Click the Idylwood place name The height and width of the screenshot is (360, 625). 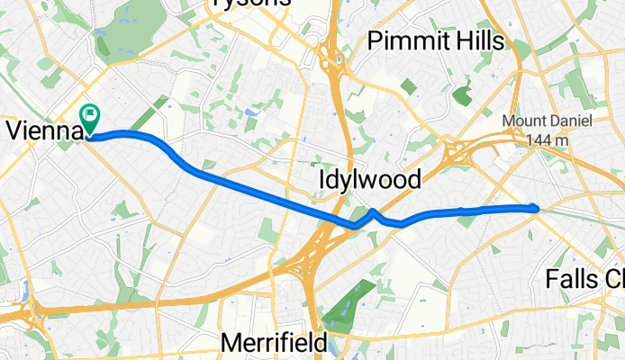370,181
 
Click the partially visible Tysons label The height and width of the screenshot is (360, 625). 252,4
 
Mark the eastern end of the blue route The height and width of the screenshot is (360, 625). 536,208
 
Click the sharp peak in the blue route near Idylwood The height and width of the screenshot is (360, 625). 373,211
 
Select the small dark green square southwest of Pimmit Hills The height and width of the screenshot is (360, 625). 408,87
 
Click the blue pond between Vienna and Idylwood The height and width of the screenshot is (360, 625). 248,112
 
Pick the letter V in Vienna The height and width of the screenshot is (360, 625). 14,131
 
